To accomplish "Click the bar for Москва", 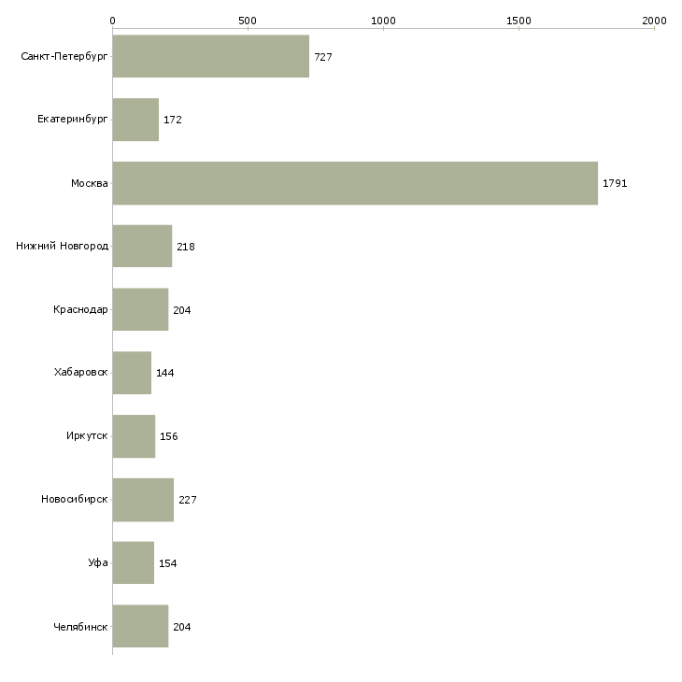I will coord(355,183).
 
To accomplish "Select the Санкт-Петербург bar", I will coord(210,56).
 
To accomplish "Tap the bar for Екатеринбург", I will coord(135,120).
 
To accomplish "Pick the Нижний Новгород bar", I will coord(142,246).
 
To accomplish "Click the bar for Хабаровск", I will coord(132,373).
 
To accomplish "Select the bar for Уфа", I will coord(133,562).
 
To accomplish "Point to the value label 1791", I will coord(615,183).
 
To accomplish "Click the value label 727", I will coord(323,57).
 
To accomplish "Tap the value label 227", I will coord(188,500).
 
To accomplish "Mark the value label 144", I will coord(165,373).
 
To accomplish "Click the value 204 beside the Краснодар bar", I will coord(182,310).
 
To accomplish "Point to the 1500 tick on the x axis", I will coord(519,20).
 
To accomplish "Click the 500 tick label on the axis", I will coord(248,20).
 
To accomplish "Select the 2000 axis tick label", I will coord(654,20).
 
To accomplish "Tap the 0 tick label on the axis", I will coord(112,20).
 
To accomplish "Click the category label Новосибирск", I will coord(75,500).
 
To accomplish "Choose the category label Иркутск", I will coord(87,436).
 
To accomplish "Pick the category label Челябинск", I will coord(81,626).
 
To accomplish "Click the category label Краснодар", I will coord(81,310).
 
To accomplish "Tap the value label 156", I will coord(169,436).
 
